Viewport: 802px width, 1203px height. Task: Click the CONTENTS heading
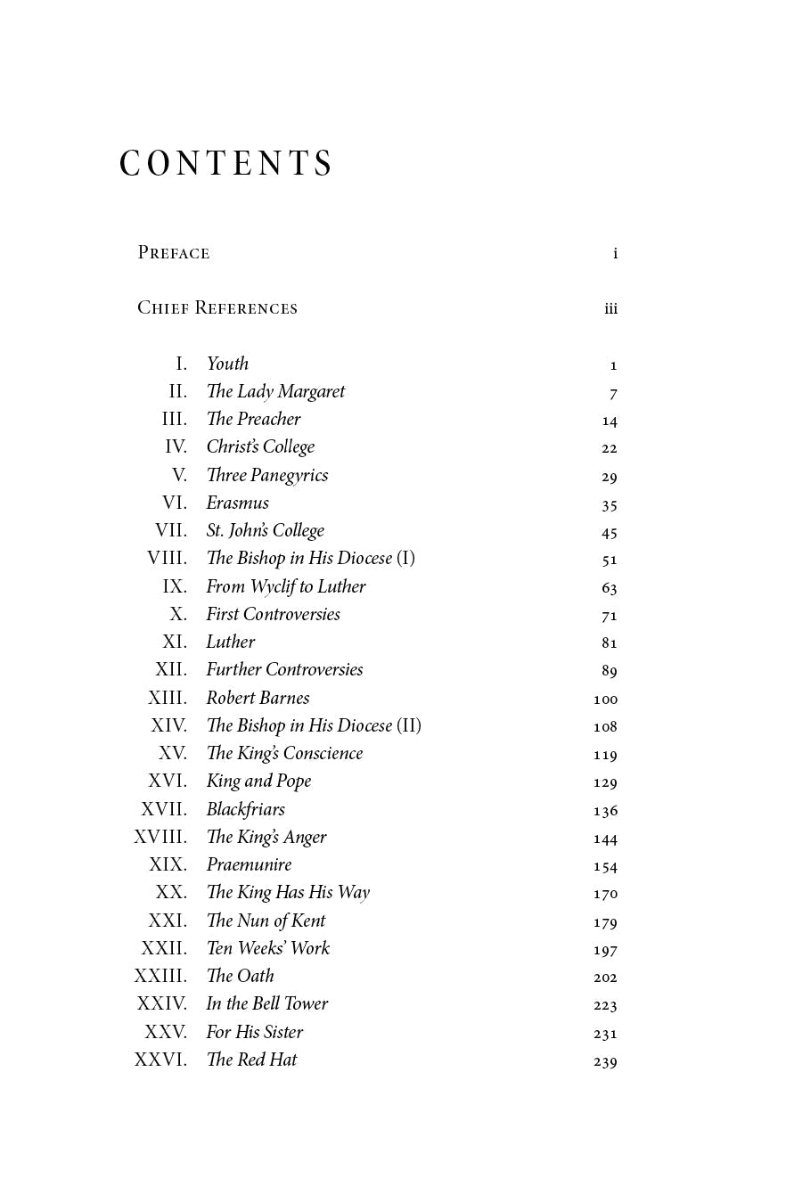coord(226,164)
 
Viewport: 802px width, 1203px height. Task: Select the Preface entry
coord(174,253)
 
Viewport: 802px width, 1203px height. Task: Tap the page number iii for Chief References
coord(610,308)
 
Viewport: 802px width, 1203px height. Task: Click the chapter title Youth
coord(227,364)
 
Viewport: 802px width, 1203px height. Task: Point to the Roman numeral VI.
coord(175,503)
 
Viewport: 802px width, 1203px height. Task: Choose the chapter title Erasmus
coord(237,503)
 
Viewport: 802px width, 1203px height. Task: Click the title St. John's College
coord(265,530)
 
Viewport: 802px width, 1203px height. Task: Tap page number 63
coord(610,587)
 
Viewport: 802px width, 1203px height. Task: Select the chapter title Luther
coord(230,642)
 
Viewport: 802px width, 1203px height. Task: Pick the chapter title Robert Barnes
coord(258,698)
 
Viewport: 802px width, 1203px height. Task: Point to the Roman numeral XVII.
coord(164,809)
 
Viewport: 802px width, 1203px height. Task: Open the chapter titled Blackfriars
coord(245,809)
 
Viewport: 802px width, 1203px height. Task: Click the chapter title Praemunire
coord(249,864)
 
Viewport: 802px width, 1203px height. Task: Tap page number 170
coord(605,893)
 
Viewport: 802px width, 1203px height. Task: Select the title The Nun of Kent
coord(266,921)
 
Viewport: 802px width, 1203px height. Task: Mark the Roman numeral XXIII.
coord(160,976)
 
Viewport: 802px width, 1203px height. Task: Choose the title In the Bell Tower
coord(266,1003)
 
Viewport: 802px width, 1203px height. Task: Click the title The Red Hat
coord(251,1060)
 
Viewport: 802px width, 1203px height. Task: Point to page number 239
coord(605,1060)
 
